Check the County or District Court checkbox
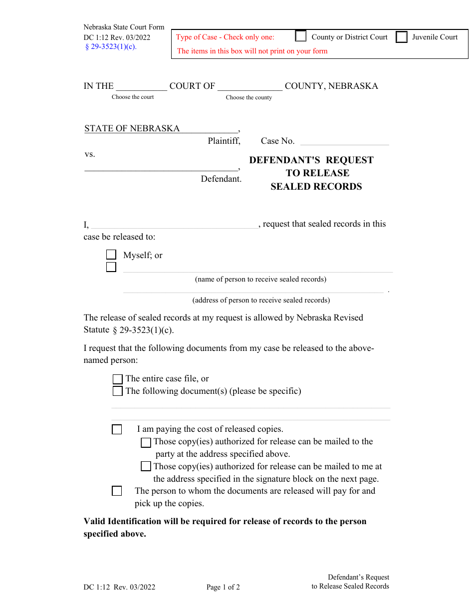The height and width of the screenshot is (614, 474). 301,36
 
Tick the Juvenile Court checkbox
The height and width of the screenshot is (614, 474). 402,37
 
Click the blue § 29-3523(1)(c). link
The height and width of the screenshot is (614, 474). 111,47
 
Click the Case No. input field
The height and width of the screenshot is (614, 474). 344,141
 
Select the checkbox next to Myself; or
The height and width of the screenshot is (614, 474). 111,255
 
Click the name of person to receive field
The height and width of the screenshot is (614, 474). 257,268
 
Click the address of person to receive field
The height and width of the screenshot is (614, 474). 253,289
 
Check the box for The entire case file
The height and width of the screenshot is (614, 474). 118,379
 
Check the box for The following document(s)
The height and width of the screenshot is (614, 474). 118,391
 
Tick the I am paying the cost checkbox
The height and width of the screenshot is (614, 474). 117,429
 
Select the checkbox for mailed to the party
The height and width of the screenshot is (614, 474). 146,442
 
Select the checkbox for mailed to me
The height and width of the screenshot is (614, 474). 146,467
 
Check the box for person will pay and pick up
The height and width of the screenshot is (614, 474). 117,491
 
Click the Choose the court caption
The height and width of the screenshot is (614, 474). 133,97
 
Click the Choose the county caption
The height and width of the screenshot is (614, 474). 248,97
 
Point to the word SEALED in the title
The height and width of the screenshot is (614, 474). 291,187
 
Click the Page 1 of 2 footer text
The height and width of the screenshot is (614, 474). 223,587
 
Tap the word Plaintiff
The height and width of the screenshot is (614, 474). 224,141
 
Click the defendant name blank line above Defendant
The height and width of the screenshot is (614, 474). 161,167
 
